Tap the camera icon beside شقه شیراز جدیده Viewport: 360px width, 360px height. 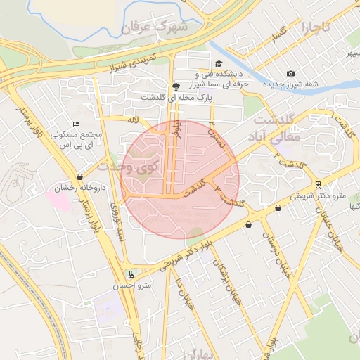[291, 74]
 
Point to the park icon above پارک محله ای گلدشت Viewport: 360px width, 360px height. [175, 86]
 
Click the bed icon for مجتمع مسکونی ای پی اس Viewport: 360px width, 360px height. [77, 124]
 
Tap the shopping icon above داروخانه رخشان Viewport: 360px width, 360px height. [79, 176]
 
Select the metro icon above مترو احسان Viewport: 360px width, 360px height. [131, 274]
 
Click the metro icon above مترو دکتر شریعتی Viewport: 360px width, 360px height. [319, 185]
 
